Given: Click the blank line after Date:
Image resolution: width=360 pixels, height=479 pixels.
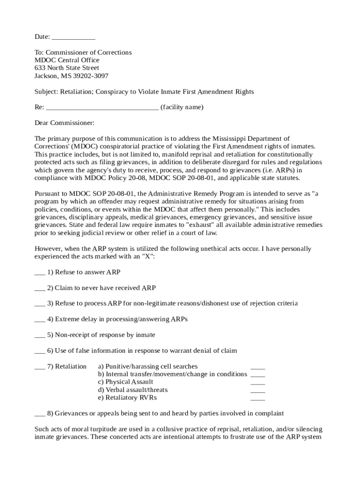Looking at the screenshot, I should (x=73, y=37).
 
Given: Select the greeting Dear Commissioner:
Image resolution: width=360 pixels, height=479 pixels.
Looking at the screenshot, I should (x=65, y=123).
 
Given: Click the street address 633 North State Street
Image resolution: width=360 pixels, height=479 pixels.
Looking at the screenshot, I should (x=67, y=68).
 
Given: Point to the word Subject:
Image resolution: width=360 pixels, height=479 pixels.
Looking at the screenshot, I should (x=46, y=92).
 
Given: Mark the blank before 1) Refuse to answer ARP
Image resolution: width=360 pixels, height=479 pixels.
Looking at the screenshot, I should (x=40, y=273).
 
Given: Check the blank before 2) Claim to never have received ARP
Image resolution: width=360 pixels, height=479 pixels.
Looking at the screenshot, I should (x=40, y=289).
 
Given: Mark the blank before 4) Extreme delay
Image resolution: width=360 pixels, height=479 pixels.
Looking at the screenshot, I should (x=40, y=320).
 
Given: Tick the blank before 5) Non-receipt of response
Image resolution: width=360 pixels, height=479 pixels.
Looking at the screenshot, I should (x=40, y=335).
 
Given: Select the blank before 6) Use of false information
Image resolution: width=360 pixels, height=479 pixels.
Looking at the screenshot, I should (x=40, y=351).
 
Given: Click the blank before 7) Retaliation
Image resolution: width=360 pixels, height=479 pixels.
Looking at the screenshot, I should (x=40, y=367).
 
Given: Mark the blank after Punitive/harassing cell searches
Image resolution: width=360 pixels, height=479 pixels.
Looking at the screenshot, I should (x=258, y=368).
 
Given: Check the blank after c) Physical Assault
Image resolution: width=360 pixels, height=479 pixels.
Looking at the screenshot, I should (x=258, y=383).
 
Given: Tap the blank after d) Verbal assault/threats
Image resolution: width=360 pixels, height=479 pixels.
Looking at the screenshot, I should (x=258, y=391).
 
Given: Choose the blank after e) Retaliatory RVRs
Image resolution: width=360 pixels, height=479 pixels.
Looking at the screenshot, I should (x=258, y=399).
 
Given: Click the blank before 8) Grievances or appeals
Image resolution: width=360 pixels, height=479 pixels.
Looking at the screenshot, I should (x=40, y=414).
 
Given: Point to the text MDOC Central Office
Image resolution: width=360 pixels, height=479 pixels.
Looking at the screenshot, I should (x=67, y=60).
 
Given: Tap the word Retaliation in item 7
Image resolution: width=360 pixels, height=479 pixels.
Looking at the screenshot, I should (x=71, y=366).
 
